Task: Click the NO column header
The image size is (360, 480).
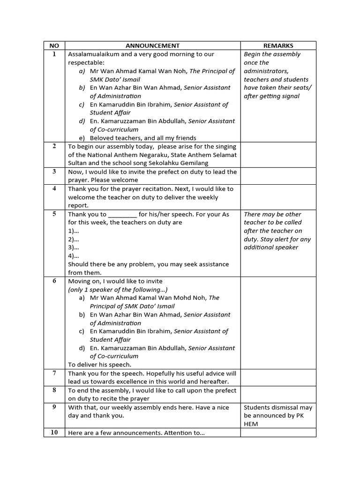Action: pos(54,45)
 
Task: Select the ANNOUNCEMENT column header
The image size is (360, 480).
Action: pos(152,45)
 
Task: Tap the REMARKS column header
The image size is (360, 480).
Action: pos(278,45)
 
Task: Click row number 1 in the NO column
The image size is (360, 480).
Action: pos(54,54)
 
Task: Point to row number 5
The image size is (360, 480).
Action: pos(54,214)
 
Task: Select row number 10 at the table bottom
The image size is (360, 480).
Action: pos(54,432)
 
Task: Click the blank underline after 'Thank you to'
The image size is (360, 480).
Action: pos(122,215)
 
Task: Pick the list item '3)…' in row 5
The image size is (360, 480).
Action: pos(74,247)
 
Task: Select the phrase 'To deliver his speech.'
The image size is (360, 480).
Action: pos(100,364)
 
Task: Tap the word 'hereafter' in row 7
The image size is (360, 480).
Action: pos(212,382)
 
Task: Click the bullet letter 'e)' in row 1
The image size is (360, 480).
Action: pos(82,138)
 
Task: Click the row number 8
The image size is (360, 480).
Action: pos(54,390)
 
